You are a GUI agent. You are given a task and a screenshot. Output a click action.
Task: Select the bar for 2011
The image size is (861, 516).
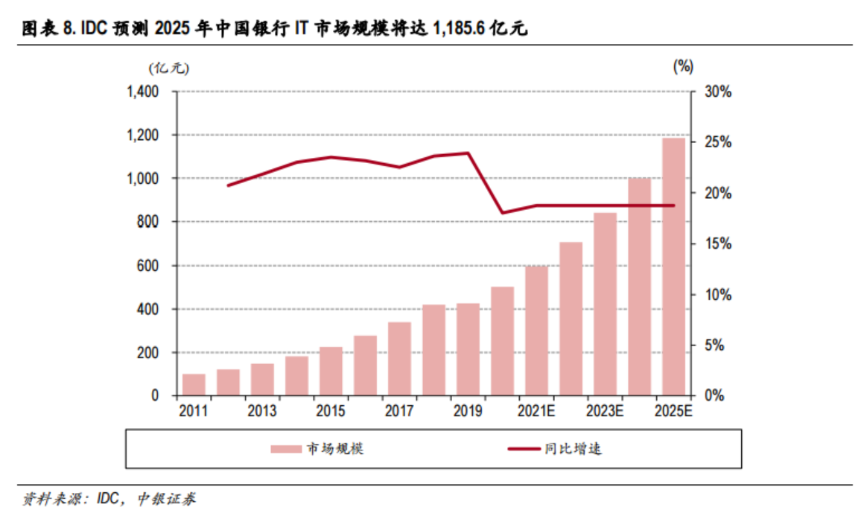[x=194, y=384]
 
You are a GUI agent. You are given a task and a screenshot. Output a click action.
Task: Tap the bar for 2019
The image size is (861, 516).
[x=468, y=349]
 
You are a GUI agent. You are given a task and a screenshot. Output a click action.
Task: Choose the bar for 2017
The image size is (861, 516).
[x=399, y=358]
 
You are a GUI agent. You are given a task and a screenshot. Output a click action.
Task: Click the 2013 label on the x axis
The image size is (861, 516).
[x=262, y=411]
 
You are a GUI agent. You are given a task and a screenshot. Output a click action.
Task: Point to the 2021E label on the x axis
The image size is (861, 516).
[x=536, y=411]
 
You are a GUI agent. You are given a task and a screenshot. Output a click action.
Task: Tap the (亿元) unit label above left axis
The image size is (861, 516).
[x=169, y=68]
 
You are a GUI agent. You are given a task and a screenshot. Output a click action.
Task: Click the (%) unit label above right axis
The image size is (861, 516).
[x=684, y=66]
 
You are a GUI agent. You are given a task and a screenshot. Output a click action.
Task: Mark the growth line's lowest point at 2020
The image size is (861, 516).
[x=502, y=213]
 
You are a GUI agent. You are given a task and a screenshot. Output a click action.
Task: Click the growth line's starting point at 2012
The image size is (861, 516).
[x=228, y=185]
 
